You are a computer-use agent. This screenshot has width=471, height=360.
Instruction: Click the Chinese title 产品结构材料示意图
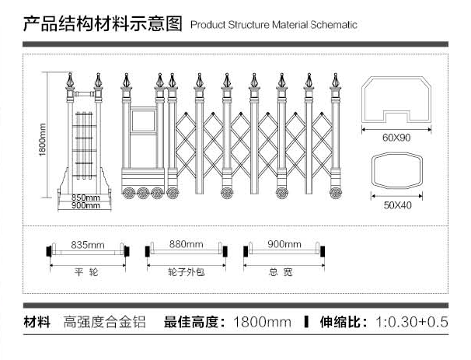[103, 23]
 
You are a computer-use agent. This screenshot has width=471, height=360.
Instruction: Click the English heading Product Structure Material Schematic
[274, 25]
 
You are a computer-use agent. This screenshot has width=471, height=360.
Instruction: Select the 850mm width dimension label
[85, 197]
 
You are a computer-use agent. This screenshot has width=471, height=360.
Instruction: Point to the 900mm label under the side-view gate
[85, 206]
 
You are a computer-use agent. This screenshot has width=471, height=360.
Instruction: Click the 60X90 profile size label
[396, 138]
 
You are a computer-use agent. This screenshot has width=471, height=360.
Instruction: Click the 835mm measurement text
[87, 244]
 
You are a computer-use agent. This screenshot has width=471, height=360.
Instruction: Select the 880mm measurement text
[187, 244]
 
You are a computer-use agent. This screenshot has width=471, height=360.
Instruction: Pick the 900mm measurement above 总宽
[284, 244]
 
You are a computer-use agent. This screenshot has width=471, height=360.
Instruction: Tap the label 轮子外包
[187, 274]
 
